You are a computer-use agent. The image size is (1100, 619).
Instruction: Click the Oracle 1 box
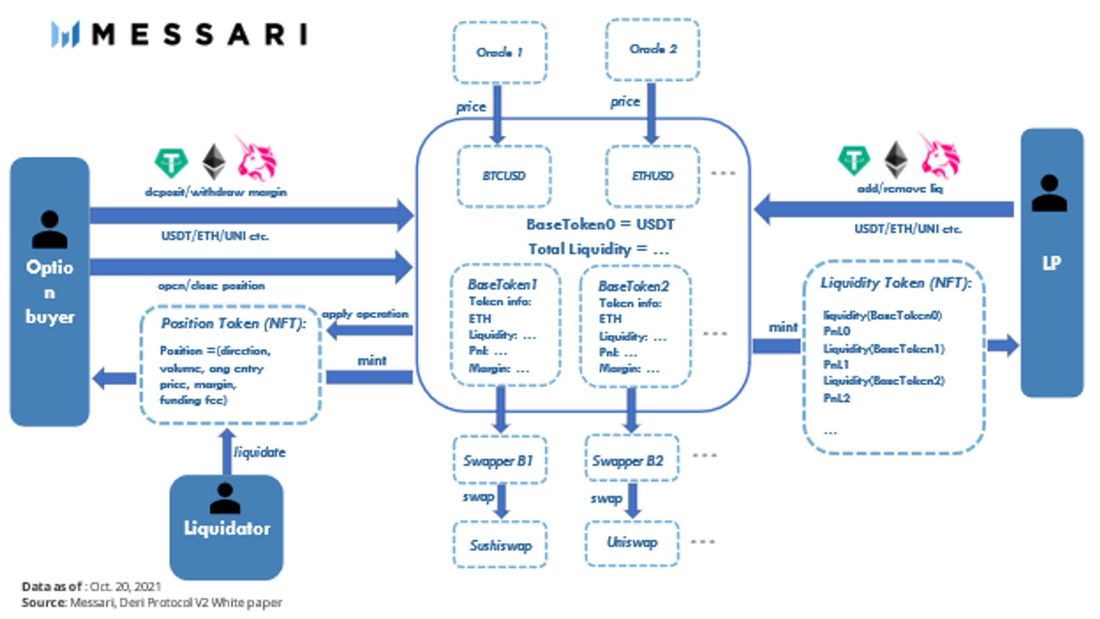(x=499, y=52)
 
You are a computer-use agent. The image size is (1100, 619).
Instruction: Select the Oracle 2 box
(x=652, y=49)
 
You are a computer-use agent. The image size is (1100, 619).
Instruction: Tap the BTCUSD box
(x=503, y=176)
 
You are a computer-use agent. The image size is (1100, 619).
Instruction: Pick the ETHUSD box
(x=652, y=176)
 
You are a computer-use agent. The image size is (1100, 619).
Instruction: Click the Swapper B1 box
(x=499, y=460)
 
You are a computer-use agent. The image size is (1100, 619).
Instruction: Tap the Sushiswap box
(x=500, y=545)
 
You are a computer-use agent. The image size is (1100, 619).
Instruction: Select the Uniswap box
(x=631, y=543)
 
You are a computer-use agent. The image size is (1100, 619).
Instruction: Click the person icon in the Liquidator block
(x=225, y=498)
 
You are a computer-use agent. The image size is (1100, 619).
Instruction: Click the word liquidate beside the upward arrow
(x=259, y=452)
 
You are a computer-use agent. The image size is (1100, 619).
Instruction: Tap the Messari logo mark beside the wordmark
(x=65, y=34)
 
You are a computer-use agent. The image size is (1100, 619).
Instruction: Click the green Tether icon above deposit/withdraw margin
(x=171, y=163)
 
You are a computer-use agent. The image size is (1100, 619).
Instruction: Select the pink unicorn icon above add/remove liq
(x=939, y=157)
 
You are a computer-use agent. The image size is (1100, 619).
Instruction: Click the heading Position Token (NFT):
(x=233, y=323)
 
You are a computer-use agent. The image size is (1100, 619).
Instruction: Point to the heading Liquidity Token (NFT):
(x=896, y=283)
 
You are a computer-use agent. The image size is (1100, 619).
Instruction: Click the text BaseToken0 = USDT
(x=600, y=224)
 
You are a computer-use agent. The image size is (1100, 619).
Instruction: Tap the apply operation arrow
(x=370, y=330)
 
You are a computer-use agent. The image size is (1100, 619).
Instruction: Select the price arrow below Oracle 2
(x=651, y=113)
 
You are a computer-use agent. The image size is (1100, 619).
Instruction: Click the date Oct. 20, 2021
(x=125, y=587)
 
